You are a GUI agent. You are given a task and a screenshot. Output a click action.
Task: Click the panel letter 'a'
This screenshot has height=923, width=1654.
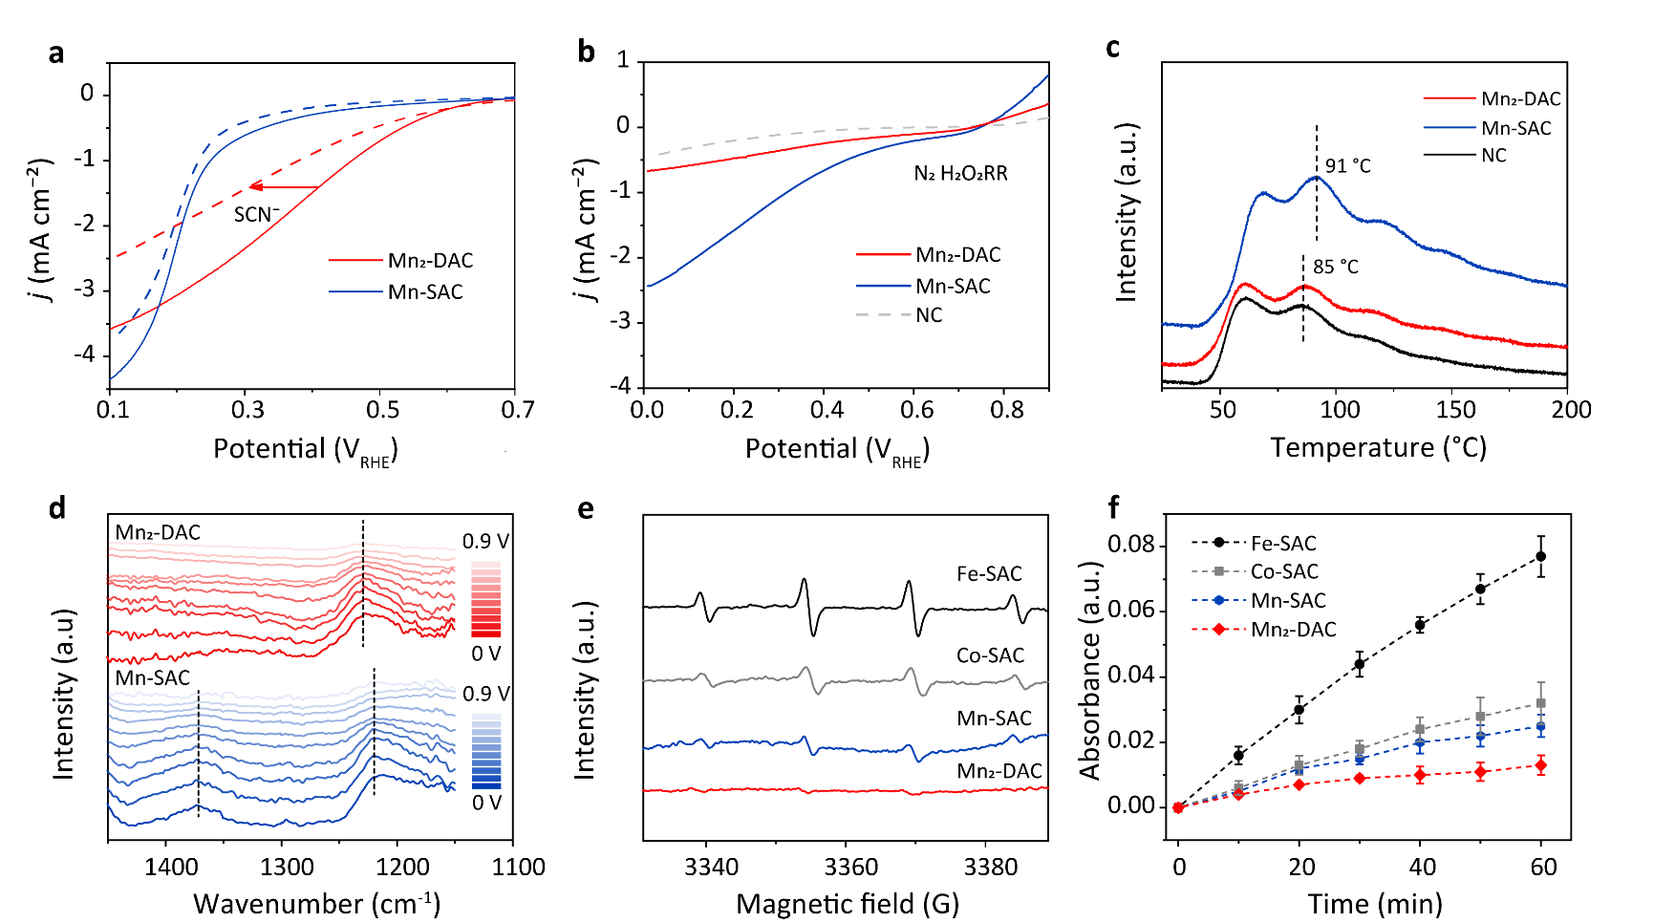pos(56,52)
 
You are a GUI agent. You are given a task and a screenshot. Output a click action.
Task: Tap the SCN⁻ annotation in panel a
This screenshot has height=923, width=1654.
pos(256,214)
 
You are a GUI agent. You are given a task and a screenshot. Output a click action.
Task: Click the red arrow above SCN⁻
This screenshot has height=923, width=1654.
pos(284,187)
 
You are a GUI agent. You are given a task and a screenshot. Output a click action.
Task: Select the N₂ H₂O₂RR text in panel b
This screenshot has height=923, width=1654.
pos(960,173)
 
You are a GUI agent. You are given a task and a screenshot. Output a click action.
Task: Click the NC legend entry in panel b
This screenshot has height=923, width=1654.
pos(929,315)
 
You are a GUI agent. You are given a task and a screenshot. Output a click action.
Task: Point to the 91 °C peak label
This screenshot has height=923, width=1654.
pos(1347,166)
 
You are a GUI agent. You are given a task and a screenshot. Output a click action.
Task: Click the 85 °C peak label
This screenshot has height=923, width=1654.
pos(1335,267)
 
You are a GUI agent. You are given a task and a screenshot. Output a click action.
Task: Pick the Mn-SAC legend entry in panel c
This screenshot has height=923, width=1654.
pos(1515,128)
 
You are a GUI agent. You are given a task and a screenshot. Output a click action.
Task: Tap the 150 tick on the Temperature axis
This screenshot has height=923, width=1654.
pos(1455,410)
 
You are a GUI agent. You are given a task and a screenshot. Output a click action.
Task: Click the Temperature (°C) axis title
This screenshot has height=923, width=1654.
pos(1378,447)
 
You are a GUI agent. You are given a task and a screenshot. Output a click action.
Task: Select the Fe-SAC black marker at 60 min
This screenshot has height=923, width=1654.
pos(1540,556)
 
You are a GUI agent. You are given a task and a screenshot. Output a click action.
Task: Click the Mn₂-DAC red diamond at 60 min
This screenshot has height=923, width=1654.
pos(1540,765)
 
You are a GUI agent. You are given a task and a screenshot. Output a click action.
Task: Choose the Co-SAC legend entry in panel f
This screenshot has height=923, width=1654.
pos(1283,571)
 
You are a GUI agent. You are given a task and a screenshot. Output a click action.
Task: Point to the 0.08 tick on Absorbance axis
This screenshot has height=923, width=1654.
pos(1130,546)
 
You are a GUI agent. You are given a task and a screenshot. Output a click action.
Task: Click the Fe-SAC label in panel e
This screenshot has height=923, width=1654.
pos(989,573)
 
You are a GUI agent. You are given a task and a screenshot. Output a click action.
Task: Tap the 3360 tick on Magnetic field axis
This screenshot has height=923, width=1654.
pos(850,867)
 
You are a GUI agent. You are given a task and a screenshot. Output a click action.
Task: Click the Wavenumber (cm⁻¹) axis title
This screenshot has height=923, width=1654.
pos(316,903)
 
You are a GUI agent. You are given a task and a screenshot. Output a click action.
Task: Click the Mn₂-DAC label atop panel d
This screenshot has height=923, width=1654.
pos(158,532)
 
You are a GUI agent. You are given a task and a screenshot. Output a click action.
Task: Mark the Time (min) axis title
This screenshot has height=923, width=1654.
pos(1374,903)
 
